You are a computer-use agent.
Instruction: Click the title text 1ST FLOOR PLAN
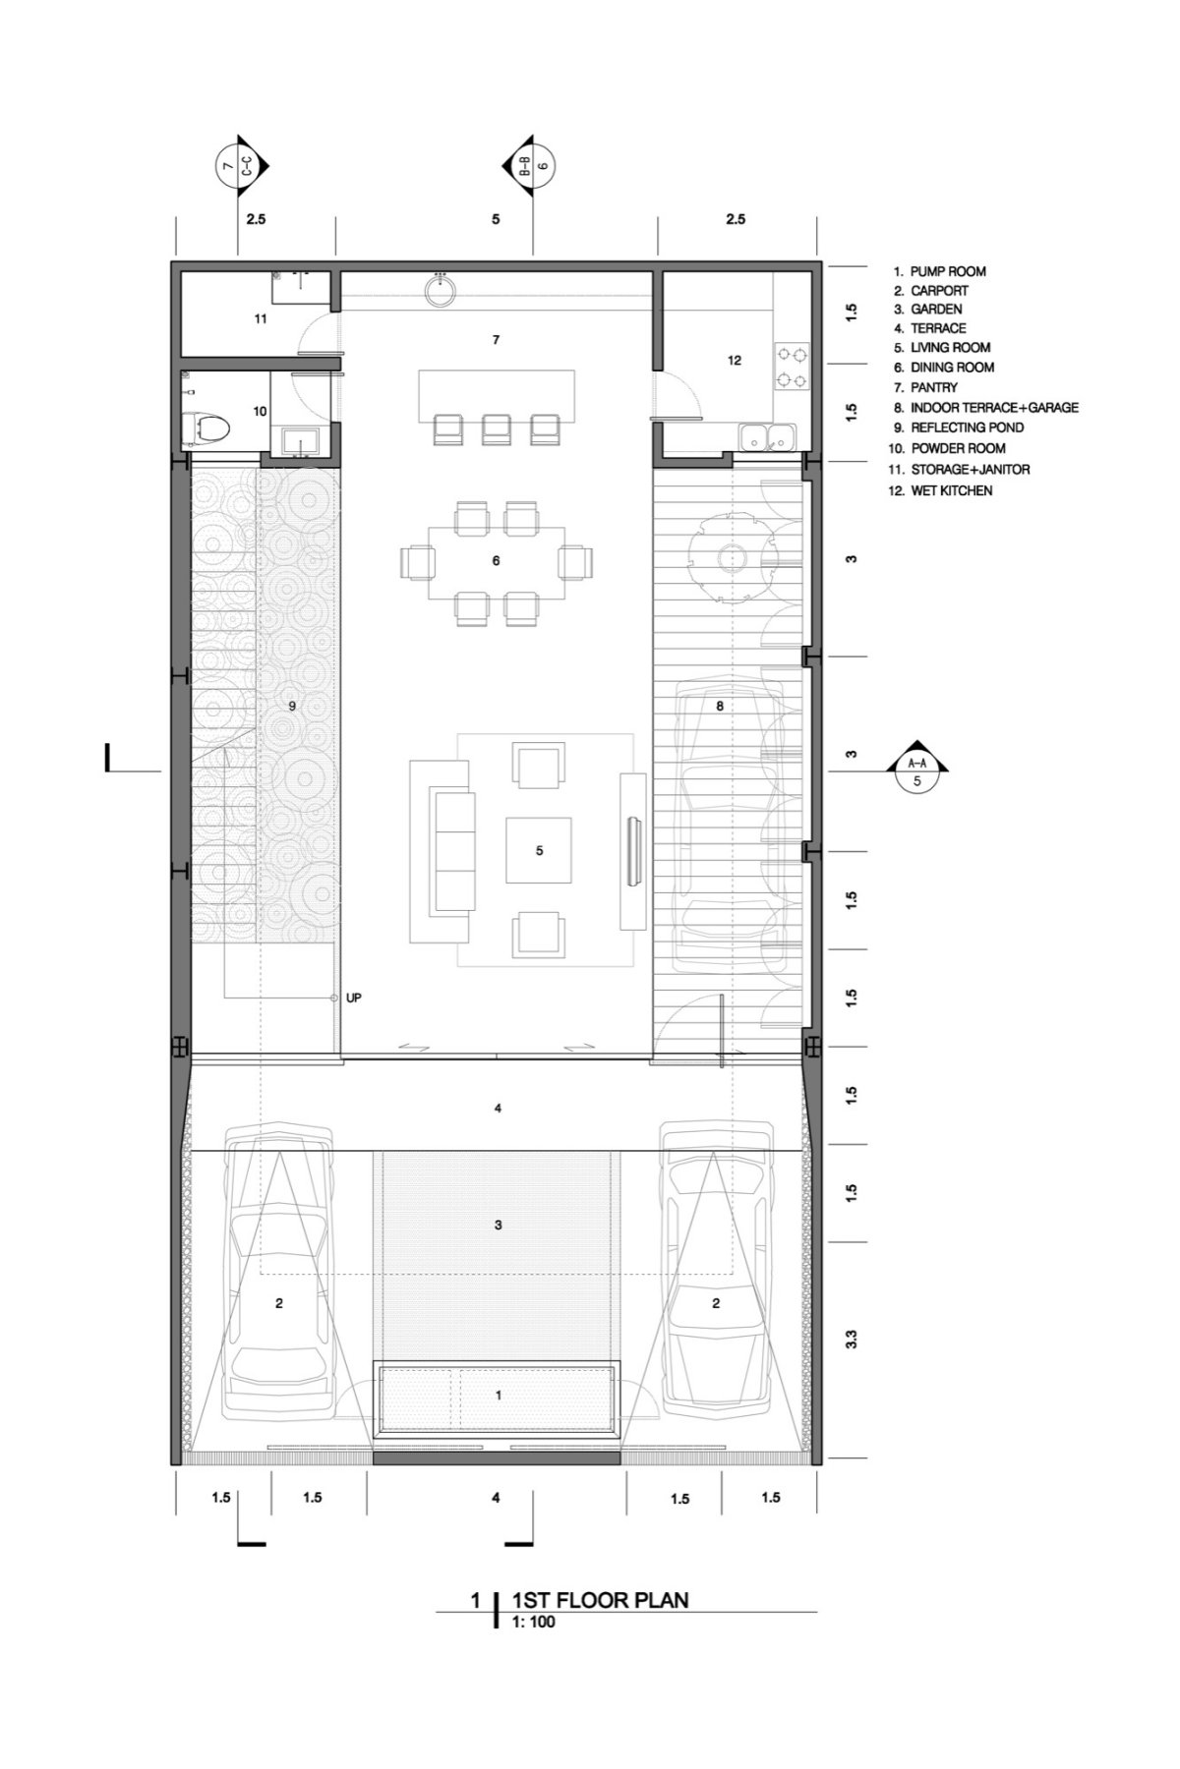pyautogui.click(x=600, y=1600)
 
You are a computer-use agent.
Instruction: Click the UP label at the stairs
pyautogui.click(x=354, y=998)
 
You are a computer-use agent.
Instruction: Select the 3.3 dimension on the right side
pyautogui.click(x=852, y=1339)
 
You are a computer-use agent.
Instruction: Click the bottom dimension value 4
pyautogui.click(x=497, y=1497)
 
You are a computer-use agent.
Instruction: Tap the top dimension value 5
pyautogui.click(x=496, y=219)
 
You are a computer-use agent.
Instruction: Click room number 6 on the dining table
pyautogui.click(x=497, y=560)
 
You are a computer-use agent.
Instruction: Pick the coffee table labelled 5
pyautogui.click(x=539, y=850)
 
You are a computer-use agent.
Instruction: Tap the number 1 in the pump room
pyautogui.click(x=499, y=1395)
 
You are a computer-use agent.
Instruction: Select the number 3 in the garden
pyautogui.click(x=499, y=1225)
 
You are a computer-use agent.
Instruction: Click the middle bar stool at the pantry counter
pyautogui.click(x=497, y=428)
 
